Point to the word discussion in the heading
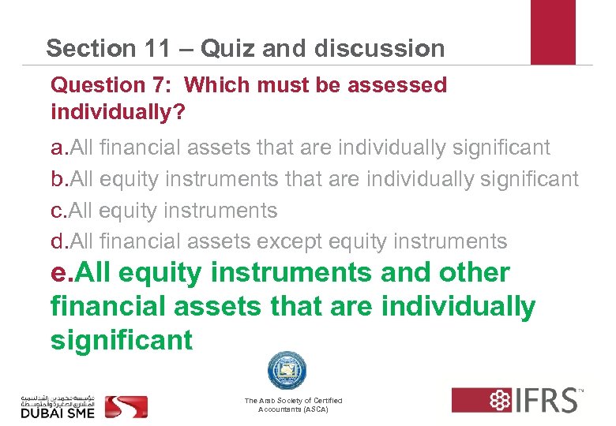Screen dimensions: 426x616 point(379,48)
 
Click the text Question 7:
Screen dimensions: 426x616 point(111,85)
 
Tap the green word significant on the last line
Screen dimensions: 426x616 point(121,341)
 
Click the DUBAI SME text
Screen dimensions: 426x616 point(57,413)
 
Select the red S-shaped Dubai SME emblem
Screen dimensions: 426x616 point(127,405)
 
